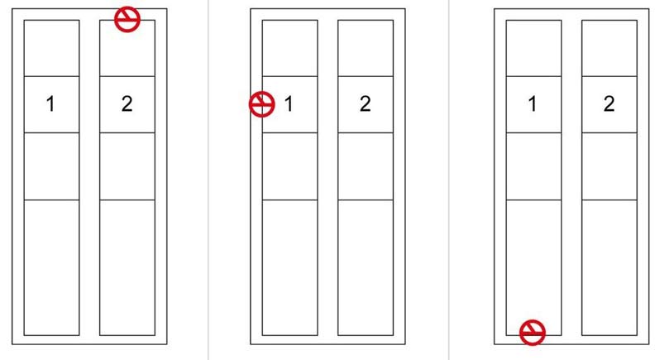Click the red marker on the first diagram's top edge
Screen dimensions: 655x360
pos(127,19)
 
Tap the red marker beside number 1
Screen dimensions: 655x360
pos(262,104)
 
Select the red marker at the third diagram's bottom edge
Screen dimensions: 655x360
pos(533,333)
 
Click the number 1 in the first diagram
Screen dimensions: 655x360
pos(50,103)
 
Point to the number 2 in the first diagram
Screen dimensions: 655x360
pos(127,103)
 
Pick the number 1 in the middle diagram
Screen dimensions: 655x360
pos(289,103)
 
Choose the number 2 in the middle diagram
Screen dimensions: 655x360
pos(365,103)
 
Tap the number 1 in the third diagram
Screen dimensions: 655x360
pos(533,103)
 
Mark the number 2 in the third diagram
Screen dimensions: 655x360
pos(609,103)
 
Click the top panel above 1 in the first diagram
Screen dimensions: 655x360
pos(52,48)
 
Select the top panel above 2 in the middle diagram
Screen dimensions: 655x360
pos(366,48)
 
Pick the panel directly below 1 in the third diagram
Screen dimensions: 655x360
pos(534,166)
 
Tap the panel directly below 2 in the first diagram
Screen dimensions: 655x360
pos(127,166)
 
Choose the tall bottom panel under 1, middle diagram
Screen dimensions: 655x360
pos(290,267)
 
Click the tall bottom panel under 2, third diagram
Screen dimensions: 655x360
pos(610,267)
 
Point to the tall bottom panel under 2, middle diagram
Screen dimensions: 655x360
pos(366,267)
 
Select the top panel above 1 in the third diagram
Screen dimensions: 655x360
pos(534,48)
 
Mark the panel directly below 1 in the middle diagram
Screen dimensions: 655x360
pos(290,166)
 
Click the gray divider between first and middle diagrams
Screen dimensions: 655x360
pos(208,180)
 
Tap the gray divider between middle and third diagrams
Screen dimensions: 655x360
pos(448,180)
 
